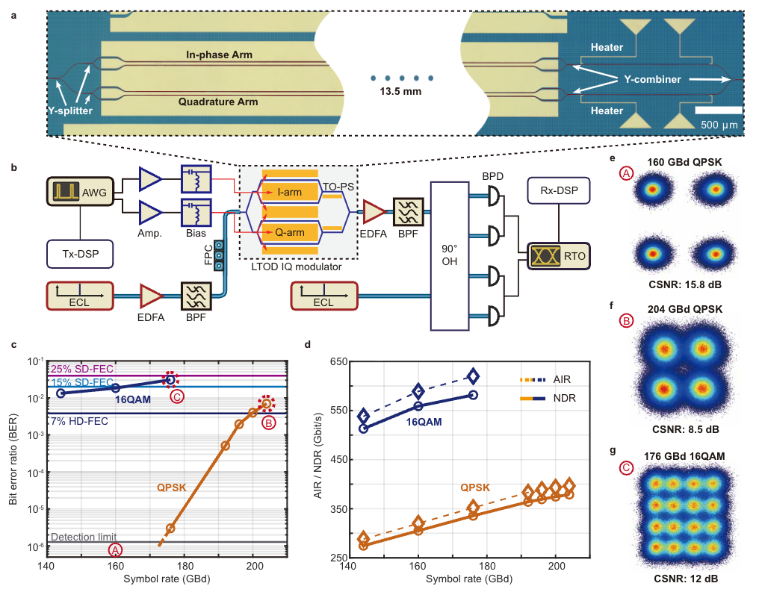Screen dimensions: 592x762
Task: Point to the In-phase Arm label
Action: [219, 54]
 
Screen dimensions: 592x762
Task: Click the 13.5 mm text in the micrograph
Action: [403, 93]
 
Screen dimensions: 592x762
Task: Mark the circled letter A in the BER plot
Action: [115, 549]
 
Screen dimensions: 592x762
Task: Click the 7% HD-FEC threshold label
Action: [78, 422]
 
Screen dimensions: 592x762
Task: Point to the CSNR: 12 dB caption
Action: [681, 579]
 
